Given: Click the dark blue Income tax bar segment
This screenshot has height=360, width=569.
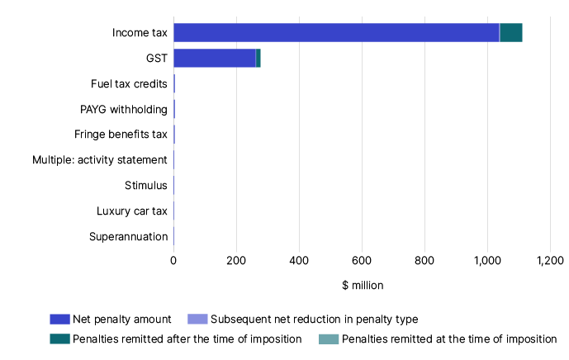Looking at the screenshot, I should (336, 33).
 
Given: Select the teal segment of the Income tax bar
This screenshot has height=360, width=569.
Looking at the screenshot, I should (511, 33).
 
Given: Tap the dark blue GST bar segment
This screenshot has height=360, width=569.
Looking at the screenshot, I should (215, 58).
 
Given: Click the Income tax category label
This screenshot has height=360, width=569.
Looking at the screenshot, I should (140, 33).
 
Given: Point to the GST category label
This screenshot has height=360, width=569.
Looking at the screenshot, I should (156, 58).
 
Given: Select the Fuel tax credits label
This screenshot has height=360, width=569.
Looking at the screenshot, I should (129, 83).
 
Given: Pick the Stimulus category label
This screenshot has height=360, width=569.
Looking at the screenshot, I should (146, 186).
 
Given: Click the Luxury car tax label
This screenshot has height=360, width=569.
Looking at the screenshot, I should (132, 211).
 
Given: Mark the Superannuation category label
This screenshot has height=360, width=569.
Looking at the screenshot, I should (128, 237).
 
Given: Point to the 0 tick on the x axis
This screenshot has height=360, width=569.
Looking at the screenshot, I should (173, 260).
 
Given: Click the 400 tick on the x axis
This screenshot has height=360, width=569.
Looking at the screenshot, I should (299, 260).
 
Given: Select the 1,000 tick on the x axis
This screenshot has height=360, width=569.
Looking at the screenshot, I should (486, 260).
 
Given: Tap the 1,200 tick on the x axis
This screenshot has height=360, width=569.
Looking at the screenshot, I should (549, 260).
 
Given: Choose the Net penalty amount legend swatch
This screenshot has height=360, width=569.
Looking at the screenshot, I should (59, 319).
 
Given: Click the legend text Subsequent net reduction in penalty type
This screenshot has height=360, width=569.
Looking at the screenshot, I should (315, 319).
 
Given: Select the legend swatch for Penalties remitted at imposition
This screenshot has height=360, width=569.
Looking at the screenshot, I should (329, 339).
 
